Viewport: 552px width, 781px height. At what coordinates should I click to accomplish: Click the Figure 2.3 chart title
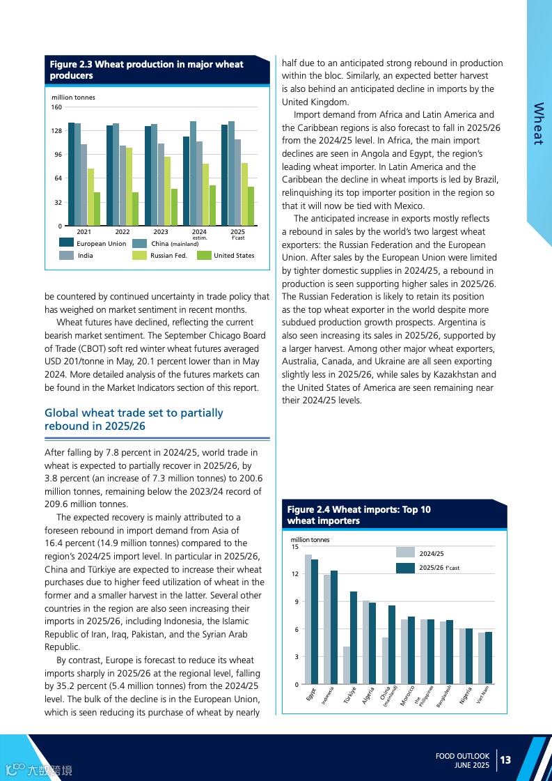click(x=146, y=70)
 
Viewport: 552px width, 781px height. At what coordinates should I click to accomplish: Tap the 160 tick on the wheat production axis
click(x=56, y=107)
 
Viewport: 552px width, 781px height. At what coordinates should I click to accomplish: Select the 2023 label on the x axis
click(x=161, y=231)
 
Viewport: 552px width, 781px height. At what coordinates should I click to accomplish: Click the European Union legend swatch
click(x=66, y=243)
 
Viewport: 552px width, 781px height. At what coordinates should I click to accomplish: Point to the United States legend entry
click(x=233, y=256)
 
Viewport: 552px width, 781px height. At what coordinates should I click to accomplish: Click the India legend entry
click(x=85, y=256)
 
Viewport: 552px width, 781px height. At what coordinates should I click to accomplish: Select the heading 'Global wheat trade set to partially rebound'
click(x=134, y=419)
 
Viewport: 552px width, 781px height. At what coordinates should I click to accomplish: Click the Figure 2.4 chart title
click(x=358, y=515)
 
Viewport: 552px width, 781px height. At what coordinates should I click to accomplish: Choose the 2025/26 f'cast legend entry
click(x=439, y=568)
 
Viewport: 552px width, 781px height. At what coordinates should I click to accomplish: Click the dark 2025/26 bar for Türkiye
click(x=354, y=637)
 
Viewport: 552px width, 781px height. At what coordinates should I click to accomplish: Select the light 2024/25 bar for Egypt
click(x=308, y=619)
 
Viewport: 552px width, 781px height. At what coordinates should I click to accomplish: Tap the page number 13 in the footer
click(x=505, y=759)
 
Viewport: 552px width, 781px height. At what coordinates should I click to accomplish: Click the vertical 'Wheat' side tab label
click(x=538, y=124)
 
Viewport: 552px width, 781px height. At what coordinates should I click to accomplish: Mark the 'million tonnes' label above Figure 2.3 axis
click(x=74, y=98)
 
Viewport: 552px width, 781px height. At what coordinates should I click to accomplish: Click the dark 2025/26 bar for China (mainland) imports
click(x=392, y=645)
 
